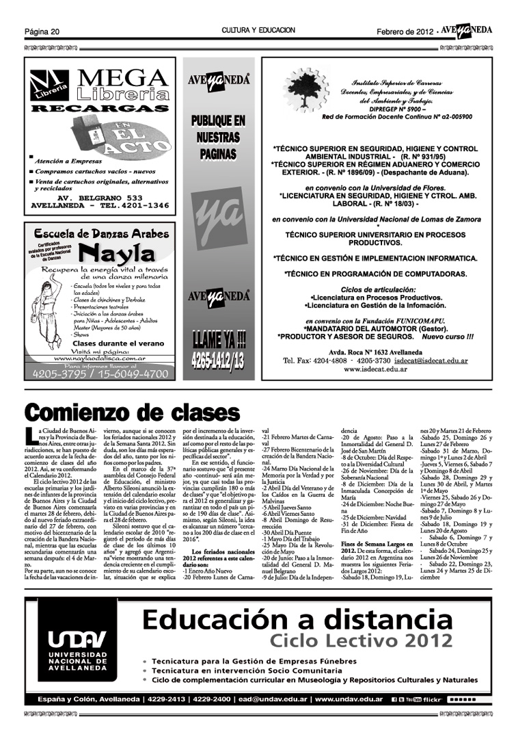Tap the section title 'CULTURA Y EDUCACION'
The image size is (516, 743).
click(x=258, y=31)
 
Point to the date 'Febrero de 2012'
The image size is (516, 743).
click(x=405, y=31)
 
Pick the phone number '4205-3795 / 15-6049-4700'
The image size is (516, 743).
click(x=96, y=374)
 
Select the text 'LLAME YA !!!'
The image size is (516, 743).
click(x=219, y=340)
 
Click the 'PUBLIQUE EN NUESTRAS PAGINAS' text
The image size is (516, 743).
click(x=219, y=138)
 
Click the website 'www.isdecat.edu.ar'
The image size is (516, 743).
click(x=375, y=369)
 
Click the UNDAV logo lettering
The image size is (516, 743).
click(x=77, y=642)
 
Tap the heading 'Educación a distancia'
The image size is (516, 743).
click(x=298, y=619)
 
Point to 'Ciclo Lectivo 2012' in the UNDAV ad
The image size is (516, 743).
click(x=362, y=641)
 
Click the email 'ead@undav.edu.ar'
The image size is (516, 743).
click(x=273, y=699)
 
